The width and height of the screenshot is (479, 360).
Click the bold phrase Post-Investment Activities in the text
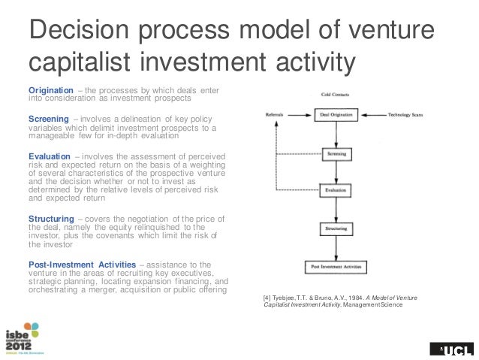tap(81, 264)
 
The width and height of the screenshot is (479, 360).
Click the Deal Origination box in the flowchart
tap(330, 115)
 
